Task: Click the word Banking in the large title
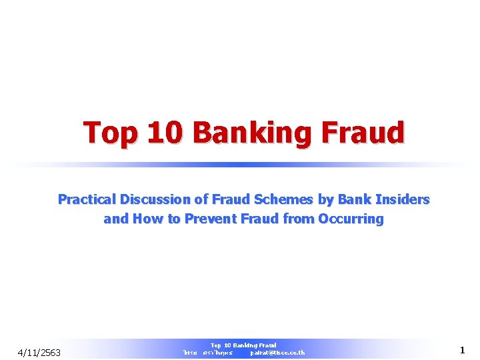coord(251,133)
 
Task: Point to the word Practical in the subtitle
coord(84,199)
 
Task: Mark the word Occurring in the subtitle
coord(351,219)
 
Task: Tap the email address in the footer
coord(277,353)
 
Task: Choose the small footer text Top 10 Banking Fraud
coord(243,345)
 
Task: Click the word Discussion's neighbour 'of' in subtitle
coord(203,199)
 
